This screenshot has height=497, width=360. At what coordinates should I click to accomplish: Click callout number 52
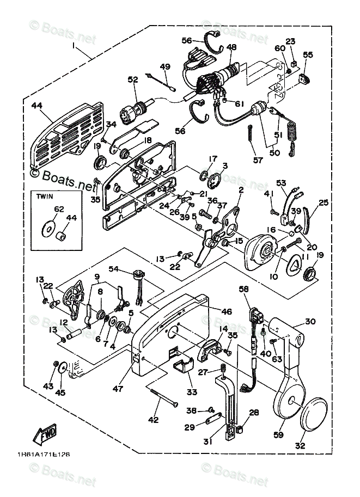click(133, 79)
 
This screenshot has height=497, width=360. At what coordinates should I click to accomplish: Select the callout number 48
click(232, 47)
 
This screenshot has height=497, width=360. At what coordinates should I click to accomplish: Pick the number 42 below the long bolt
click(154, 420)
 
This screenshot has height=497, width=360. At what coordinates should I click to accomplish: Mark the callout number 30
click(310, 322)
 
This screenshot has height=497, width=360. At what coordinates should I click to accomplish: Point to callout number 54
click(113, 269)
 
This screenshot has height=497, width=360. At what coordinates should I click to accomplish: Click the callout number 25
click(324, 203)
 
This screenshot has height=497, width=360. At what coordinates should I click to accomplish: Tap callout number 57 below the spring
click(258, 160)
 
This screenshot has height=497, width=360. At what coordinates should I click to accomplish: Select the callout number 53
click(281, 183)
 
